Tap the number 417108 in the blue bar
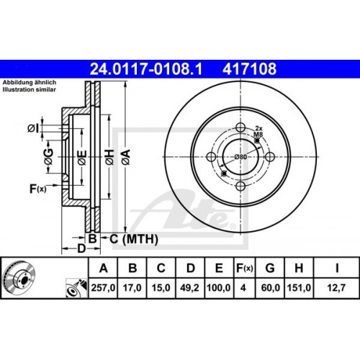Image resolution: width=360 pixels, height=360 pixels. (x=252, y=70)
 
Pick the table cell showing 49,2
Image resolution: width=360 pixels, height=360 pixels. (x=190, y=292)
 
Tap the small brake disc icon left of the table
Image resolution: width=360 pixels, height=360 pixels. (x=20, y=278)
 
